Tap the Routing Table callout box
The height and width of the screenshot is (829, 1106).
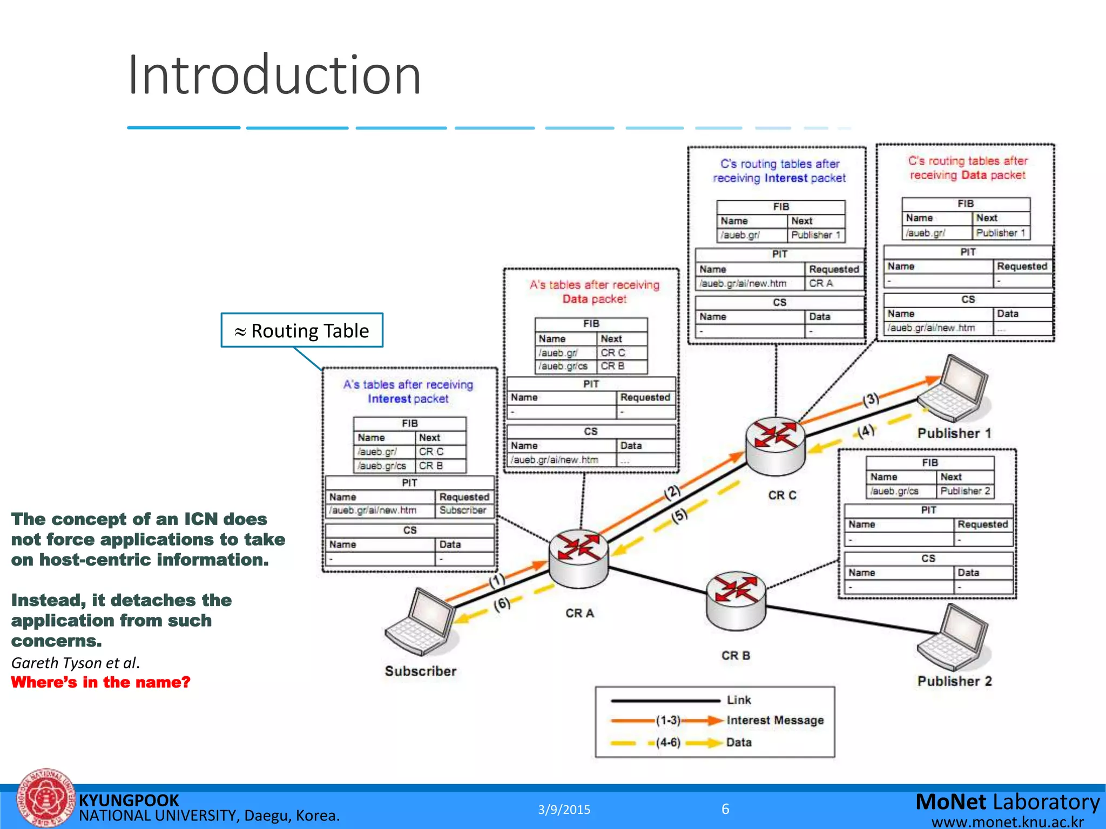302,330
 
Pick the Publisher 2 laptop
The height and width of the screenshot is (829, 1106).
954,637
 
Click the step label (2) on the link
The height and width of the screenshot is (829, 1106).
672,492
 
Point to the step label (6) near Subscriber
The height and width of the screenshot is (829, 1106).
502,604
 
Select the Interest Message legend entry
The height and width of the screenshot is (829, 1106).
775,720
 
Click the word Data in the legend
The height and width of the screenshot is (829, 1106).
739,742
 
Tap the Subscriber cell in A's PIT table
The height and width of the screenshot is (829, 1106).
463,510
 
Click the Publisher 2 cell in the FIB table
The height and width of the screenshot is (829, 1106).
965,491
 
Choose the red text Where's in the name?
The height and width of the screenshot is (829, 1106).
101,682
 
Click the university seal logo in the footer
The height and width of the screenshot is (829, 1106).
45,799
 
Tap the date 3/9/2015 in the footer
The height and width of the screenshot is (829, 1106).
564,810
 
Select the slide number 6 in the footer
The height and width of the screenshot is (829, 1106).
725,809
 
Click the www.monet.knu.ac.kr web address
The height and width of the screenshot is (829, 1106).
1008,822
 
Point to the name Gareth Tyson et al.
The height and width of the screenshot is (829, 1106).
76,663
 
